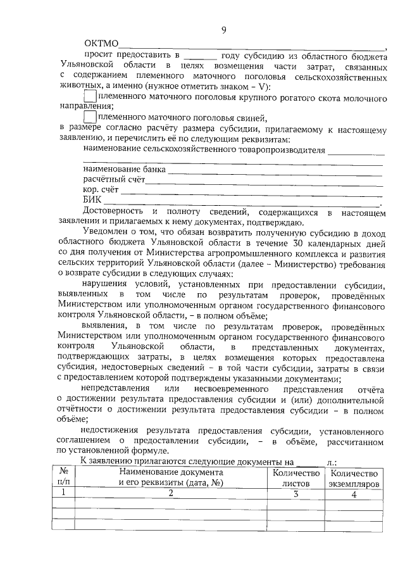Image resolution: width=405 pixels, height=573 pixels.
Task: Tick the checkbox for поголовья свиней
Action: click(x=90, y=118)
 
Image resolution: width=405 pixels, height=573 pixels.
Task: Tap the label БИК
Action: click(x=92, y=200)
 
